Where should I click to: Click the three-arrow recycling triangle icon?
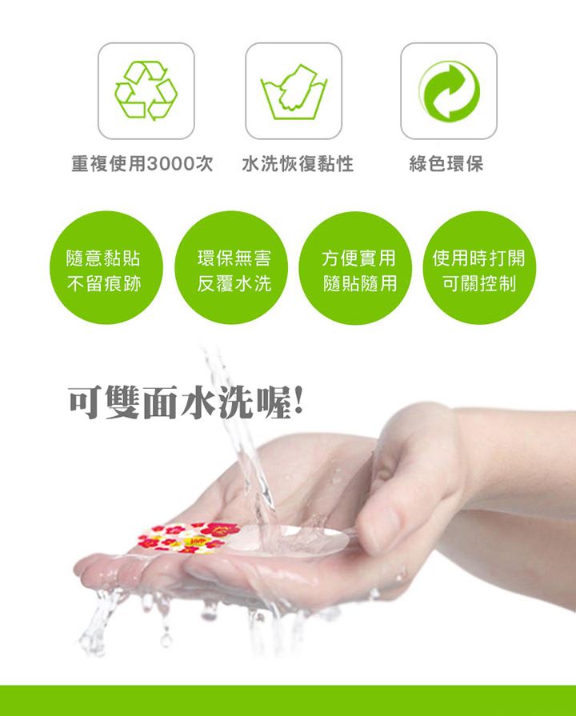(146, 90)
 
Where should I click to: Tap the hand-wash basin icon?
(294, 92)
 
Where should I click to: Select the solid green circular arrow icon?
(449, 91)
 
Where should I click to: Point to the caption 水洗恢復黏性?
(298, 163)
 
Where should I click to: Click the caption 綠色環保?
(446, 163)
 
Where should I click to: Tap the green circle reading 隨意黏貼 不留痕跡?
(106, 267)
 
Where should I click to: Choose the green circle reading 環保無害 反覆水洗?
(231, 267)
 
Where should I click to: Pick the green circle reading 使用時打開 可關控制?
(479, 267)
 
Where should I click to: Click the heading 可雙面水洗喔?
(186, 402)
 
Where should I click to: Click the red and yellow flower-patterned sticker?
(188, 538)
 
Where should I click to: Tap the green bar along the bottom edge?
(288, 701)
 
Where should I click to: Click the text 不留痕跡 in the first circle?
(104, 284)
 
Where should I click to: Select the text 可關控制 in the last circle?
(479, 283)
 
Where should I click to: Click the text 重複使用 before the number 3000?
(109, 163)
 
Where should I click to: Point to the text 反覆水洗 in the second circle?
(234, 283)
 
